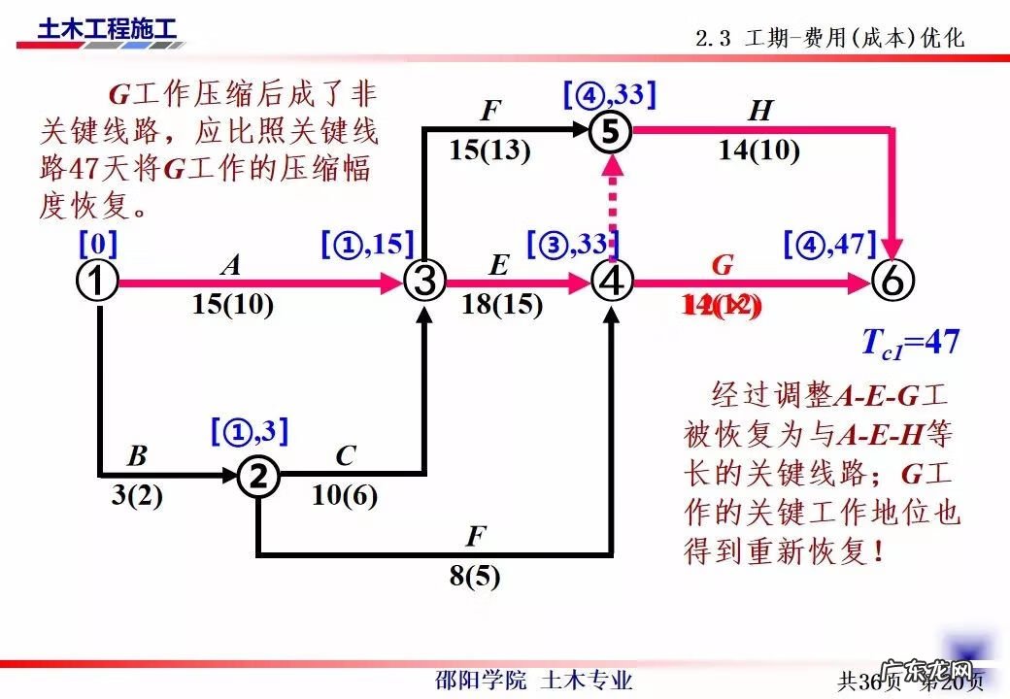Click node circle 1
[97, 282]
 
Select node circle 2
[258, 476]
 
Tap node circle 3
[423, 282]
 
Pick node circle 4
[611, 282]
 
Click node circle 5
[611, 131]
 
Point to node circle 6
[892, 282]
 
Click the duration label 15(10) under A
[233, 305]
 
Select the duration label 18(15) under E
[502, 305]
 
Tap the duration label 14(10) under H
[759, 150]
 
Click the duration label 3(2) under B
[137, 496]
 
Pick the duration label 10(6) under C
[345, 496]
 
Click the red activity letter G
[722, 264]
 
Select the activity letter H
[760, 111]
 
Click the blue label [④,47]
[830, 243]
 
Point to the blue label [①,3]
[250, 431]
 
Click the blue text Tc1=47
[910, 342]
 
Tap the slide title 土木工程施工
[108, 28]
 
